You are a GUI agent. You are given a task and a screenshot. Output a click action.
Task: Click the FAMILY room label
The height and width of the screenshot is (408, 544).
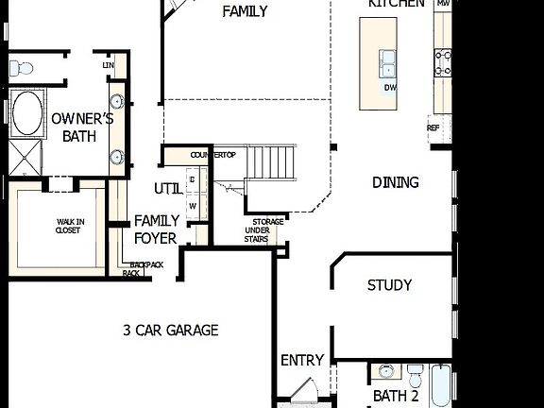(245, 12)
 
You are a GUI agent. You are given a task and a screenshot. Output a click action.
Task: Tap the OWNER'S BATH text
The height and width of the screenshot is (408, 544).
(81, 127)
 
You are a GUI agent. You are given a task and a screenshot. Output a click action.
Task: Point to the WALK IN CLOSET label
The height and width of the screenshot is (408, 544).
(68, 225)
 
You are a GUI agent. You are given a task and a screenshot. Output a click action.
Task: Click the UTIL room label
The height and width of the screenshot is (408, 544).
(168, 189)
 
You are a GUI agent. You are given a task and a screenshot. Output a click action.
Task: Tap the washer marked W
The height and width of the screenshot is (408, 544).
(193, 205)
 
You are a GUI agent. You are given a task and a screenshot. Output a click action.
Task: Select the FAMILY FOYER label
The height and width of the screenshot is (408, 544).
(156, 229)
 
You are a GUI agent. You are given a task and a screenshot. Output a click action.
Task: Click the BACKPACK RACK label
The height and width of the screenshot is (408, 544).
(144, 269)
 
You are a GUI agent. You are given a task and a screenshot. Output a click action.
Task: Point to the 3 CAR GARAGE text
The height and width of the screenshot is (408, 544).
(171, 330)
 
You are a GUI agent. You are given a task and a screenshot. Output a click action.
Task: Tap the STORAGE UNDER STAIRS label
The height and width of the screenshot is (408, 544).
(267, 230)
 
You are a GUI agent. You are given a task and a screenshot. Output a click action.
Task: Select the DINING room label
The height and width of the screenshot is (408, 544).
(395, 182)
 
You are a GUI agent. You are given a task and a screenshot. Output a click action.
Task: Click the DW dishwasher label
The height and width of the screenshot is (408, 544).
(390, 88)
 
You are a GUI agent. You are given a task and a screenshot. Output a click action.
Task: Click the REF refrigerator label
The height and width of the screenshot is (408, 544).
(433, 127)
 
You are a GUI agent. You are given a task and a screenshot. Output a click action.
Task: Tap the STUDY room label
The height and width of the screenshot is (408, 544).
(389, 285)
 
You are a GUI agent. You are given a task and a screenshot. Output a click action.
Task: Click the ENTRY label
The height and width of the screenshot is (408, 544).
(302, 361)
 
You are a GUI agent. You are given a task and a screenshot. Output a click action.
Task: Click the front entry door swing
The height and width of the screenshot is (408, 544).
(300, 391)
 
